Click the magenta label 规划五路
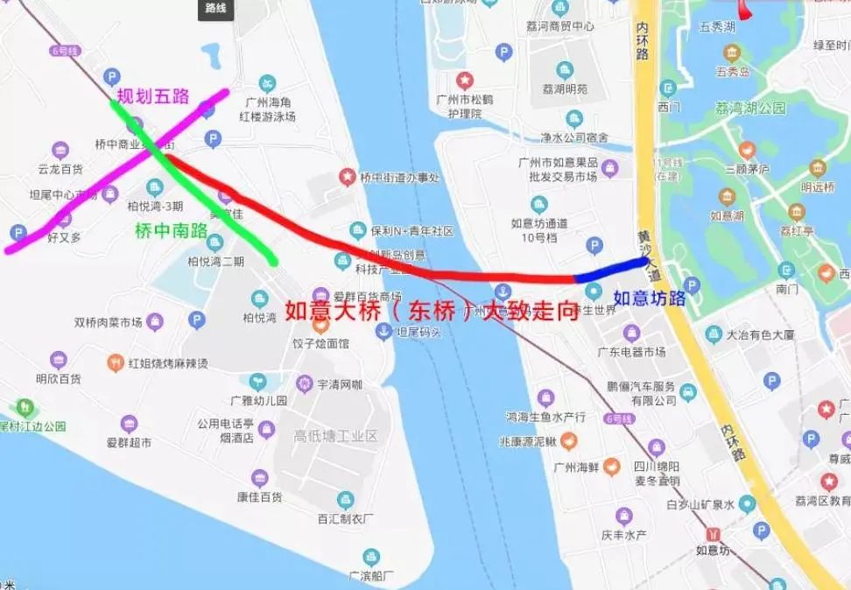(x=153, y=95)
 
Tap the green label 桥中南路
(x=172, y=231)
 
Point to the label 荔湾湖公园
(x=750, y=109)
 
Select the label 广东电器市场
(x=631, y=352)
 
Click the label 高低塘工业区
(x=335, y=435)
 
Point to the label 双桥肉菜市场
(x=109, y=322)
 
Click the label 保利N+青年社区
(x=411, y=231)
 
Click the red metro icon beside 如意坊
(x=716, y=534)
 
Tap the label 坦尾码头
(x=418, y=333)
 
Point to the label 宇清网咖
(x=341, y=383)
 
